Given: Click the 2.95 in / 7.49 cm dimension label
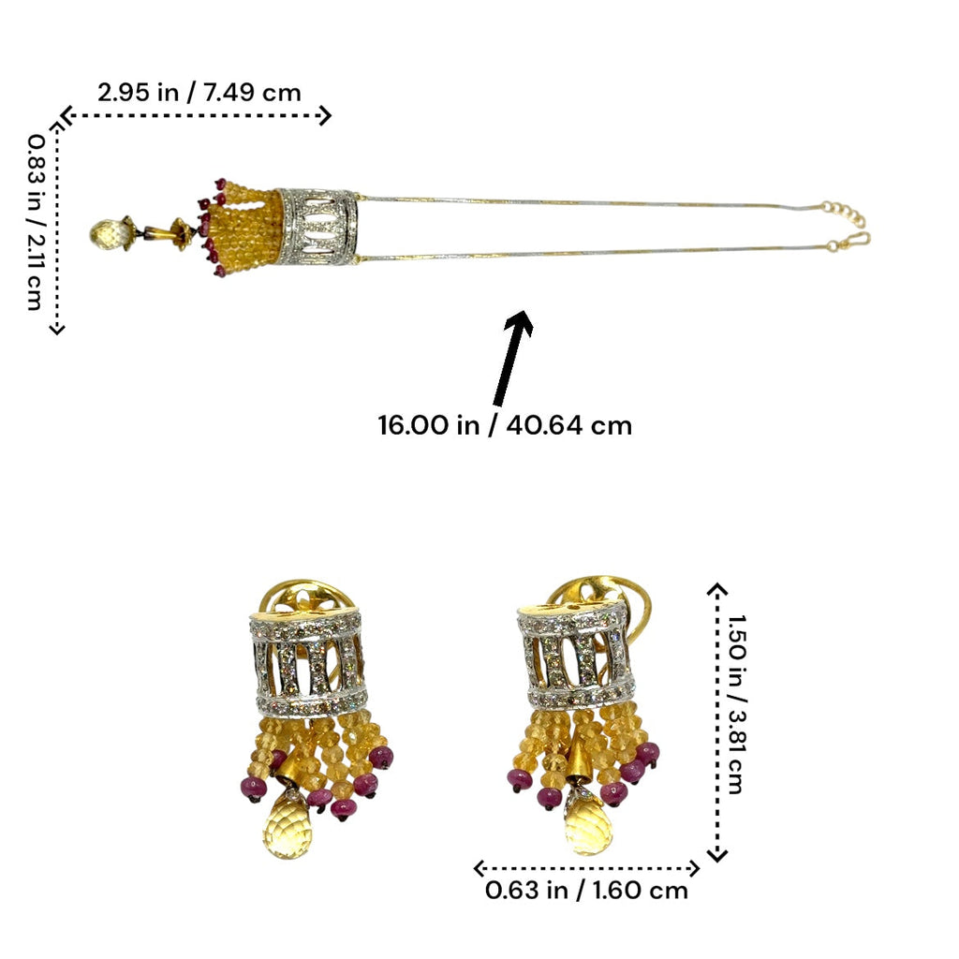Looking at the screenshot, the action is [199, 93].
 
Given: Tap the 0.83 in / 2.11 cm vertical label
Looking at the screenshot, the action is [36, 223].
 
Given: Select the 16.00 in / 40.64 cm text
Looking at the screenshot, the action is [505, 425].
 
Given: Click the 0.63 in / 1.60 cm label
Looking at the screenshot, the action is [586, 891].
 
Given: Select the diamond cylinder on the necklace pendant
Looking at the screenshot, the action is [317, 227].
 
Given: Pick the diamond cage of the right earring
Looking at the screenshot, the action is [575, 657].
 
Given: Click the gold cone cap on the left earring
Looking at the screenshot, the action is [289, 770].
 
